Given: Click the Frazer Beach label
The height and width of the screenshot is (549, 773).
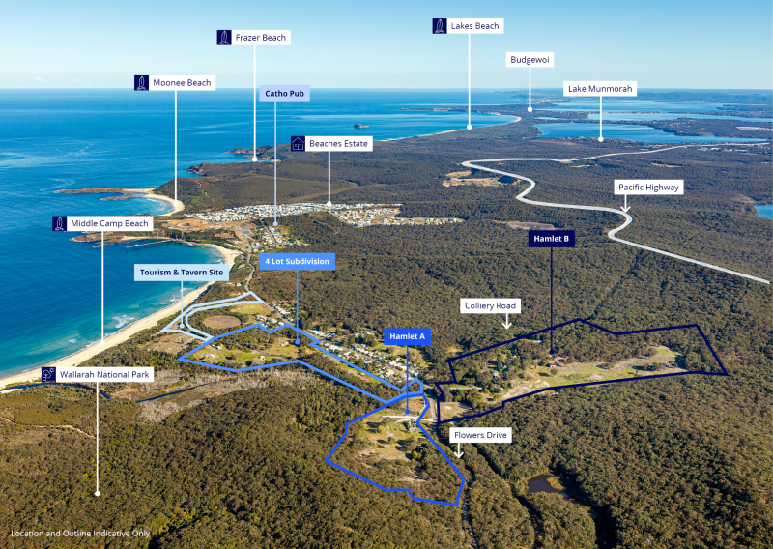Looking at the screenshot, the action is (261, 38).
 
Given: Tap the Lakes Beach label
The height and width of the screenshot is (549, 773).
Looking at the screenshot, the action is (474, 26).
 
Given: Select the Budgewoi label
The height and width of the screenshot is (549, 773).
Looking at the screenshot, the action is (530, 60).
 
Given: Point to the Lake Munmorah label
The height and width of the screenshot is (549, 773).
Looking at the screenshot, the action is (600, 89).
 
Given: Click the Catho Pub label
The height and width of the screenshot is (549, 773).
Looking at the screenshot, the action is (284, 94).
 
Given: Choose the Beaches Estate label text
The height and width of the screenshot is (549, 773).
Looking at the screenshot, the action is (339, 144).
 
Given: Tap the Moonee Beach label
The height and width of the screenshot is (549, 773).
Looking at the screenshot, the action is (182, 83).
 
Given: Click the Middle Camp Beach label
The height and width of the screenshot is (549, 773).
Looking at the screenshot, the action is (109, 223).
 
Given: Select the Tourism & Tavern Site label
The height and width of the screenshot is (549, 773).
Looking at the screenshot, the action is (182, 273).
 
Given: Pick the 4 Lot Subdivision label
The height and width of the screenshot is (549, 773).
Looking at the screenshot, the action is (298, 261).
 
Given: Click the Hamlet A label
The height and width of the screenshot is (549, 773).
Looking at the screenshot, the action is (407, 336).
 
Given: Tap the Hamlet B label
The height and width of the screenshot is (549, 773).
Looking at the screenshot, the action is (551, 239).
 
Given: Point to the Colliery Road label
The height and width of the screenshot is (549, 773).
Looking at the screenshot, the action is (490, 305).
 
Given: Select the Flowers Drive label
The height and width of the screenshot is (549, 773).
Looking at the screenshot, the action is (480, 435).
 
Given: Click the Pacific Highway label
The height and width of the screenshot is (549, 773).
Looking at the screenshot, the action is (648, 188).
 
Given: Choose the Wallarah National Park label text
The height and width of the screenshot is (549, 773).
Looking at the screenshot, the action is (104, 375).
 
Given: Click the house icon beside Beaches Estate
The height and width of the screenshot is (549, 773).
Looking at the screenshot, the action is (298, 144).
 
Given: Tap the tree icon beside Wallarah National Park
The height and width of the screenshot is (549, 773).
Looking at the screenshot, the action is (48, 374).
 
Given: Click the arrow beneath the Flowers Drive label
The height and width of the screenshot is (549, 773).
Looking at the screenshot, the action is (458, 450).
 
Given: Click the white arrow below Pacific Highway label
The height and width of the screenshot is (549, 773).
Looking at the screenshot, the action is (625, 204).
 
